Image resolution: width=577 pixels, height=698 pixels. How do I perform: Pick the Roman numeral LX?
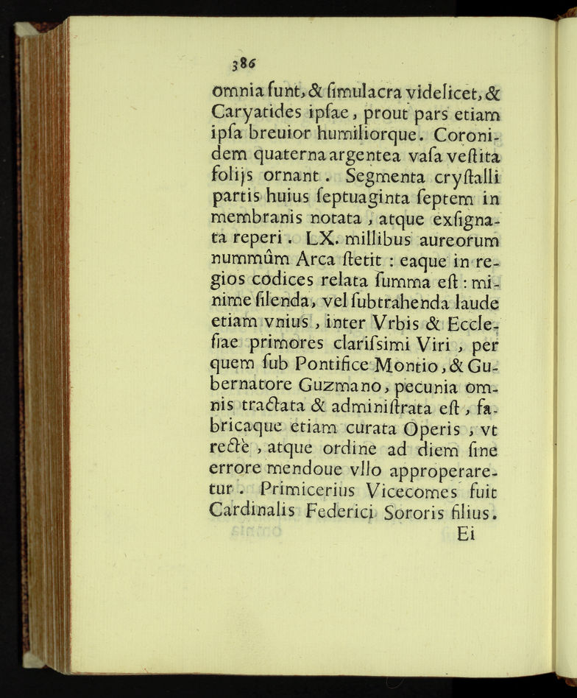click(x=322, y=239)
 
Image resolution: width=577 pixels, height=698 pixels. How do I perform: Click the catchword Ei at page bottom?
click(x=467, y=535)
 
